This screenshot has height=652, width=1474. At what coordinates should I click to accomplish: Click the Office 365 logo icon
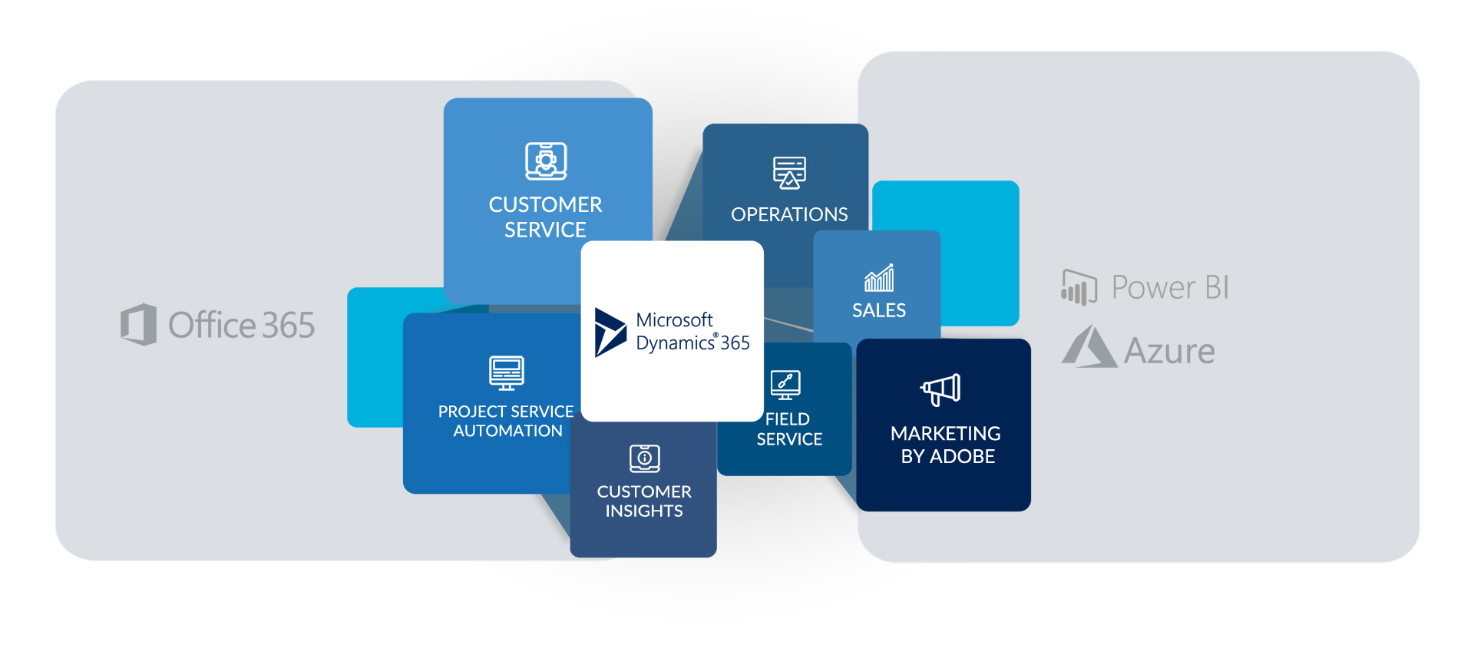pos(138,324)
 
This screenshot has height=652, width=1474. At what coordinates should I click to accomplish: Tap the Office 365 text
pos(241,326)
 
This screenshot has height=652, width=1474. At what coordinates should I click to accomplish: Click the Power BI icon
pos(1079,287)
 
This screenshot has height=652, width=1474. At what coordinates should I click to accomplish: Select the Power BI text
pos(1169,287)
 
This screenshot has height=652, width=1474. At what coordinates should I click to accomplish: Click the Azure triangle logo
pos(1089,347)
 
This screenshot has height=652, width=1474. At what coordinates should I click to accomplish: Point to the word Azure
pos(1168,352)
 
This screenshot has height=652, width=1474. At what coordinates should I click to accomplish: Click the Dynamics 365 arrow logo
pos(610,332)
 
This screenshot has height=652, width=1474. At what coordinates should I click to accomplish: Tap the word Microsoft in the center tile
pos(674,319)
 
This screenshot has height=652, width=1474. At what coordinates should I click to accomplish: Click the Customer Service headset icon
pos(546,161)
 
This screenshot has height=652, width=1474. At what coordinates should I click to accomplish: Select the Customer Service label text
pos(545,217)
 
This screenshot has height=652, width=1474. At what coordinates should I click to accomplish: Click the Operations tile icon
pos(789,172)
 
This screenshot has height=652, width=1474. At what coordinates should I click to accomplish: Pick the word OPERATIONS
pos(789,214)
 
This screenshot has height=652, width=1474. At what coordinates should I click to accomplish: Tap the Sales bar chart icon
pos(879,278)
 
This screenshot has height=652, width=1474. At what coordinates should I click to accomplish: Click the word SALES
pos(879,310)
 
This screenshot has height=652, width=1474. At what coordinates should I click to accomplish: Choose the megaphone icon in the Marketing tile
pos(941,389)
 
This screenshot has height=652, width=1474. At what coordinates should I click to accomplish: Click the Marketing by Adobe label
pos(946,445)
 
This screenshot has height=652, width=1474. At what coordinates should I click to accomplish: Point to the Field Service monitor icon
pos(785,384)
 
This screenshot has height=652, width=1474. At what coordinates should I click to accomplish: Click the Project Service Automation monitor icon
pos(507,372)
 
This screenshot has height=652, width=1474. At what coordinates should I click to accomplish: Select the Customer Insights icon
pos(645,458)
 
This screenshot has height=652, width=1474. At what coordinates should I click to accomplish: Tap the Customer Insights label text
pos(644,501)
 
